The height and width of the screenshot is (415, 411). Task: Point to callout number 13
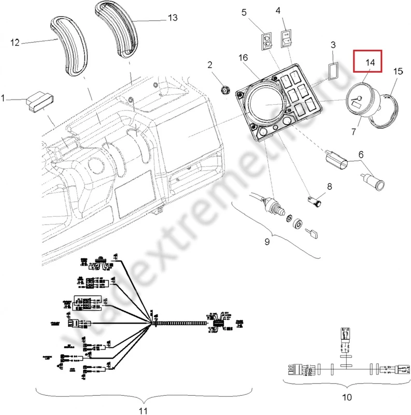(x=173, y=18)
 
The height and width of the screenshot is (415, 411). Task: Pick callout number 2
(x=210, y=65)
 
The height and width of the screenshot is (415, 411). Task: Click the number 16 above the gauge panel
(x=243, y=58)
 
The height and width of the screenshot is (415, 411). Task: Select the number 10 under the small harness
(x=347, y=398)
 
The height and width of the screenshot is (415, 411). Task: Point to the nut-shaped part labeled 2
(x=224, y=90)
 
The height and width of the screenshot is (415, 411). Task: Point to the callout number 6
(x=362, y=154)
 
